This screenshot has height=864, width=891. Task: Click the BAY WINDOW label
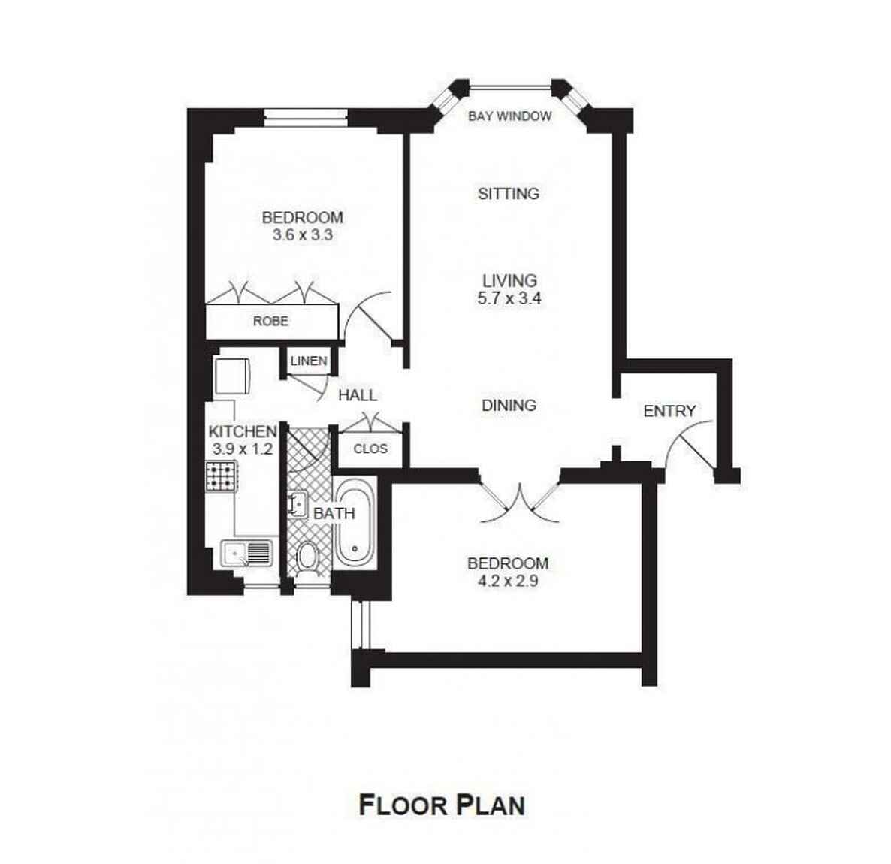click(509, 116)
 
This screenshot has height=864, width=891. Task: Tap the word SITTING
click(509, 194)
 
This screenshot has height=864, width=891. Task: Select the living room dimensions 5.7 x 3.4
click(509, 298)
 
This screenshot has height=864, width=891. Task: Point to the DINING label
click(509, 405)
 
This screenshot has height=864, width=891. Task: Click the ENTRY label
click(669, 411)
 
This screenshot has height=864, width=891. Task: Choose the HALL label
click(358, 395)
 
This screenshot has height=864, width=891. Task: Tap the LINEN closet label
click(309, 361)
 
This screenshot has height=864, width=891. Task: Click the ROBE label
click(270, 321)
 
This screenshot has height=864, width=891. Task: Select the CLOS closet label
click(370, 449)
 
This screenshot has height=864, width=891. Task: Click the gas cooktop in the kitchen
click(221, 476)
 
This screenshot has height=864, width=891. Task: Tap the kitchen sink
click(246, 553)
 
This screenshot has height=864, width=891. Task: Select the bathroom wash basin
click(297, 504)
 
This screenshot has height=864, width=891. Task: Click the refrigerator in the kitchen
click(231, 375)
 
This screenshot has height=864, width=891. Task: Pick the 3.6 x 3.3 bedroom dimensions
click(302, 234)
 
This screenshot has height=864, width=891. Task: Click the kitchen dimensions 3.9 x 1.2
click(243, 449)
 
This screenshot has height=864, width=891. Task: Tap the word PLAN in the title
click(491, 805)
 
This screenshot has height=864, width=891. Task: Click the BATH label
click(334, 513)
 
